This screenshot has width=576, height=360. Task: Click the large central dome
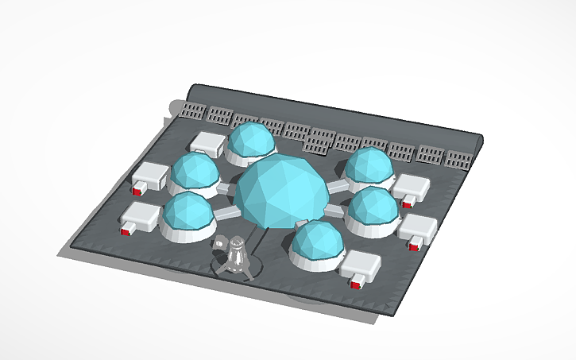[282, 192]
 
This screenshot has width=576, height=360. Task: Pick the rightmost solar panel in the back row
[458, 157]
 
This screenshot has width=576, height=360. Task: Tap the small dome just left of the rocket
[187, 215]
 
